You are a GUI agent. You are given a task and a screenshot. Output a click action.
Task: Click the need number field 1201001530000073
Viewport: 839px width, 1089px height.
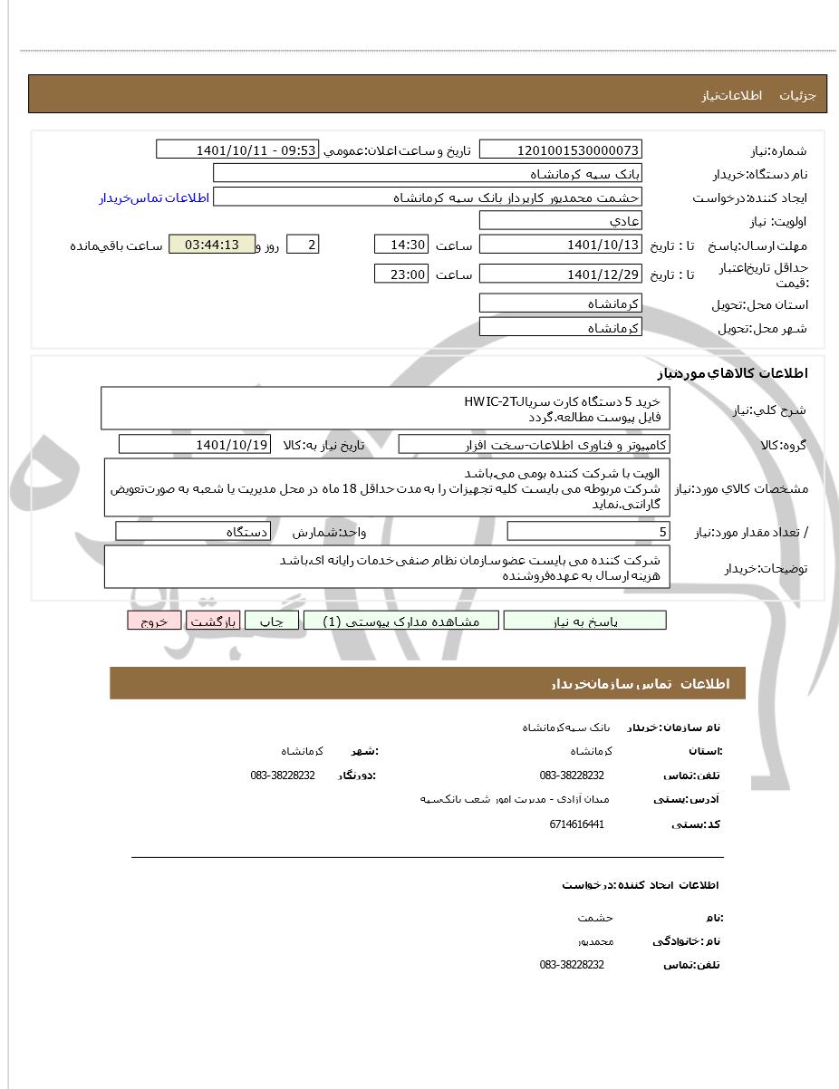click(x=560, y=150)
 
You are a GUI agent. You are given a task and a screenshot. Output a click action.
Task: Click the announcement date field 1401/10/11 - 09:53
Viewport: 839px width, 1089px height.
click(x=237, y=150)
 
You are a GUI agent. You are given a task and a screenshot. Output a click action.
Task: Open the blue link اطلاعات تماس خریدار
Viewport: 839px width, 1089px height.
click(x=154, y=198)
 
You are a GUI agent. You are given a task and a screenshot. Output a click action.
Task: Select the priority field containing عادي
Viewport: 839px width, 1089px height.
click(x=560, y=221)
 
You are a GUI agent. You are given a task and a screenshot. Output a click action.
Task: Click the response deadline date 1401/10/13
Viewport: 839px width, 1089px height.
click(x=560, y=246)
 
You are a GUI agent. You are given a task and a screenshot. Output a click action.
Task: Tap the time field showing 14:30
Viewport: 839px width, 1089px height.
click(x=400, y=246)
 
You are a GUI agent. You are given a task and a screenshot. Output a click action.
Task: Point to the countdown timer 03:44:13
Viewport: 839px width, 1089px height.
click(x=212, y=245)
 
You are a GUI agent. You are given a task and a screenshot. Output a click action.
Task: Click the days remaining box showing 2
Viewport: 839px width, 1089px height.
click(x=303, y=245)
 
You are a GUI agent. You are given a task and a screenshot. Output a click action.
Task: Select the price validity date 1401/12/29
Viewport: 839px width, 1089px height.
click(x=560, y=274)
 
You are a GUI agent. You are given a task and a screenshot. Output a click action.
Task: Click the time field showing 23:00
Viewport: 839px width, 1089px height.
click(x=400, y=274)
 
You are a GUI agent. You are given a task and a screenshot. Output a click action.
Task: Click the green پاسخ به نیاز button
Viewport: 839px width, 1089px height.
click(x=584, y=621)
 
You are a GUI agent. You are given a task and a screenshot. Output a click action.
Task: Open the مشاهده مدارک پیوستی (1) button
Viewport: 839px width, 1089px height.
click(x=401, y=621)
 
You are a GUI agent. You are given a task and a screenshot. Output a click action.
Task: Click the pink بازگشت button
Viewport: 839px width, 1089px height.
click(x=213, y=621)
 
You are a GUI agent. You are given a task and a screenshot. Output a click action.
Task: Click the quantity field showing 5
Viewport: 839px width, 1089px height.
click(x=588, y=532)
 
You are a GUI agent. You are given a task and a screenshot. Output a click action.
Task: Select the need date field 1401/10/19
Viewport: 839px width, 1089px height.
click(x=195, y=444)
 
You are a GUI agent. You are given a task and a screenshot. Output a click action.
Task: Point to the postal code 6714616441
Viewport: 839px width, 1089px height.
click(x=576, y=824)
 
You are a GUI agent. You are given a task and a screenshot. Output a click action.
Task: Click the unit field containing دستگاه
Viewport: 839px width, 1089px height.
click(x=193, y=532)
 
